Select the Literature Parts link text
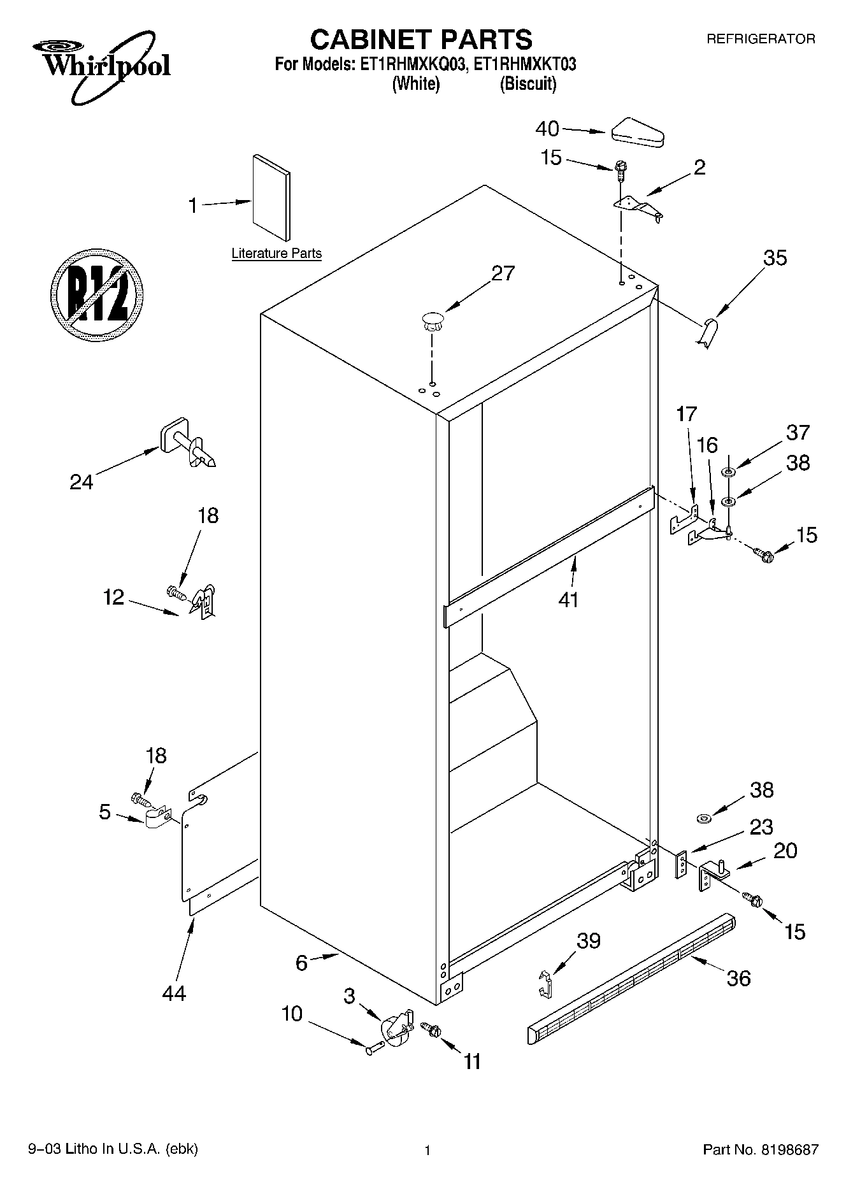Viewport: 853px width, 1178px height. pos(276,254)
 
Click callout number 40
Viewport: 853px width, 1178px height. pos(547,129)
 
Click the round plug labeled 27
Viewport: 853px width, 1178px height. pos(432,320)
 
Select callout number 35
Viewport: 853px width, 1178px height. pos(775,258)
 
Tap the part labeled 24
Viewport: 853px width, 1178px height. pos(186,444)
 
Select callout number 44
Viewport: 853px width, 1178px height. pos(173,993)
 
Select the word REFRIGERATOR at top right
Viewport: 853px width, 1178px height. pos(760,39)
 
